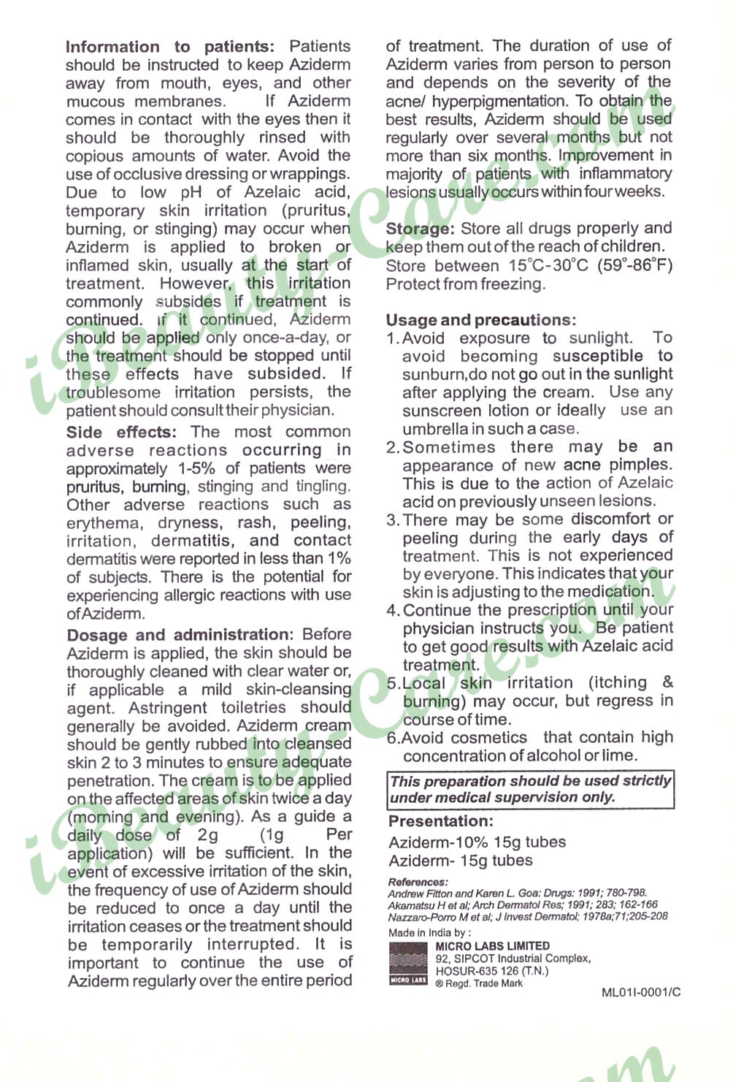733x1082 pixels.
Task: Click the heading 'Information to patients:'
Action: (x=170, y=47)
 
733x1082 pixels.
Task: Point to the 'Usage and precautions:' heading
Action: (x=480, y=320)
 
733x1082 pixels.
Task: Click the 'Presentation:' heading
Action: (x=440, y=821)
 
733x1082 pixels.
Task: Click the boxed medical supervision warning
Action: (x=530, y=789)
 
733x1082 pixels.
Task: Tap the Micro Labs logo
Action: (x=408, y=964)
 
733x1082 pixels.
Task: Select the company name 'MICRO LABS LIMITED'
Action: (x=492, y=946)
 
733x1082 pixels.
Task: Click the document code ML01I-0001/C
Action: (x=640, y=992)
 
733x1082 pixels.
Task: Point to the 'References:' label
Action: (x=418, y=882)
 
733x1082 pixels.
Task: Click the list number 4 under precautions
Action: (x=393, y=610)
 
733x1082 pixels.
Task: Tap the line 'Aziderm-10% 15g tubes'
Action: (x=477, y=842)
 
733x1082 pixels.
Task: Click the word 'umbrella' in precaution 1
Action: (x=437, y=429)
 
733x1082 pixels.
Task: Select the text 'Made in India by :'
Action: (x=429, y=932)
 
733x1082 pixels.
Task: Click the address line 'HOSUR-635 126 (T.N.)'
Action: (x=491, y=971)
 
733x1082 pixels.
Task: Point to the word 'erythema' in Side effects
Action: (x=102, y=523)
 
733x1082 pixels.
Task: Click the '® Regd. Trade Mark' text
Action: (x=479, y=983)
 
